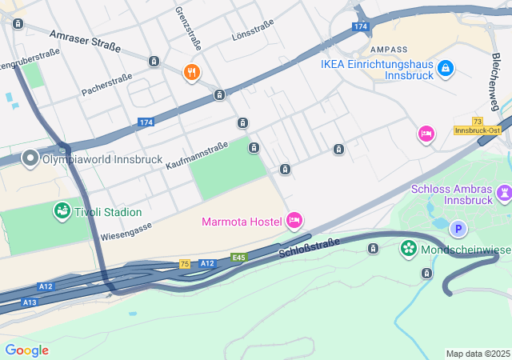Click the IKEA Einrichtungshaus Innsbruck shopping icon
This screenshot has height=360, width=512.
click(x=446, y=71)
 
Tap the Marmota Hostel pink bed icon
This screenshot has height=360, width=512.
click(x=294, y=220)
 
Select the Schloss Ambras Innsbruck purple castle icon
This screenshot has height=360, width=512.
click(x=504, y=193)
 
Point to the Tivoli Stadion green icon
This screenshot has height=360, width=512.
click(x=62, y=211)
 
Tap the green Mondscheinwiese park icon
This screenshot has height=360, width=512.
click(x=409, y=249)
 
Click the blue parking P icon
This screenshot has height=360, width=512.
click(x=458, y=229)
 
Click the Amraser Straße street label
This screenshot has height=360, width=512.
click(x=84, y=41)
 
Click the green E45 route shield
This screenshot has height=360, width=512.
click(x=238, y=258)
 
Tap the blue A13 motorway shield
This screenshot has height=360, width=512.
click(x=30, y=302)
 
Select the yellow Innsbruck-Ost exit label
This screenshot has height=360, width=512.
click(x=478, y=130)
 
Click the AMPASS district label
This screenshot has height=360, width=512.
click(x=390, y=50)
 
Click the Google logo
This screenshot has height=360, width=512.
click(x=26, y=350)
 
